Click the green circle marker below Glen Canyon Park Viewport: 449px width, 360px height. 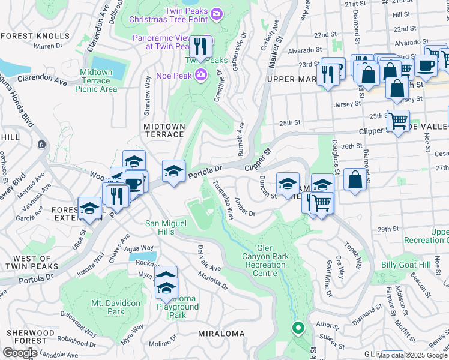(x=297, y=328)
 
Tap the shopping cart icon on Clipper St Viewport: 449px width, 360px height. (x=397, y=121)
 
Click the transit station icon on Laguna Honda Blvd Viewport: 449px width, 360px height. (x=41, y=145)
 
